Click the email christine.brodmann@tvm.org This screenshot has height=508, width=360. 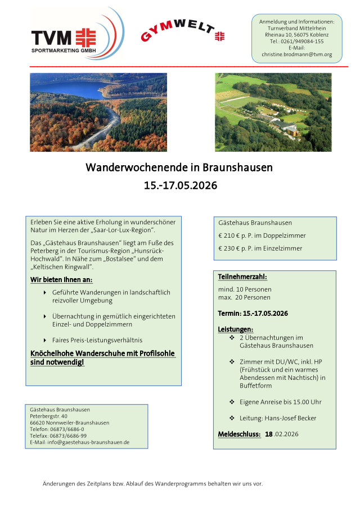[x=296, y=55]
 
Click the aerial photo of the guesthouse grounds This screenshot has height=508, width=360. [x=273, y=112]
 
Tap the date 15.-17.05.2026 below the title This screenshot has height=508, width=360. [x=180, y=185]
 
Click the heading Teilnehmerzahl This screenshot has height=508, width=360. [x=242, y=277]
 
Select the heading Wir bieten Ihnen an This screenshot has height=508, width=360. [x=61, y=279]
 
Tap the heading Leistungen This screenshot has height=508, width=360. [x=235, y=329]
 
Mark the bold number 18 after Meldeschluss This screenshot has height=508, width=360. [x=269, y=434]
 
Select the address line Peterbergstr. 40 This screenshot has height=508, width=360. [x=48, y=416]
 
